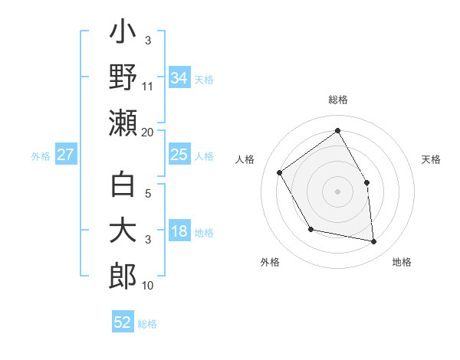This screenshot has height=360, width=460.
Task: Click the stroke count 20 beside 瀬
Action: click(147, 133)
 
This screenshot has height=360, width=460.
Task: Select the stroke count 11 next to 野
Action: click(148, 86)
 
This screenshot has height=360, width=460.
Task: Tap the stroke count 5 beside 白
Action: click(149, 193)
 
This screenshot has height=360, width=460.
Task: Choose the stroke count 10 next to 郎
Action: click(148, 286)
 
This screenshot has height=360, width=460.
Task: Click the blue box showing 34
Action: click(179, 78)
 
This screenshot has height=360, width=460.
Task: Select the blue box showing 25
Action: click(179, 155)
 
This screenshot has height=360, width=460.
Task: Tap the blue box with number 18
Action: click(179, 231)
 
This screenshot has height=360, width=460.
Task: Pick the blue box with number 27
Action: click(66, 155)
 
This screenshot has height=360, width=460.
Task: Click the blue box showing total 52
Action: click(123, 322)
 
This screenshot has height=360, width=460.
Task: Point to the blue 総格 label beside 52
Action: click(147, 324)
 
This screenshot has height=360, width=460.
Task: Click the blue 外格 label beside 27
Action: click(41, 156)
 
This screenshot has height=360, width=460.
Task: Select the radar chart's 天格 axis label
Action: click(432, 159)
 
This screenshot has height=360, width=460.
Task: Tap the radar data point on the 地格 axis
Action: click(374, 242)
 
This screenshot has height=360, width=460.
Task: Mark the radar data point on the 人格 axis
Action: click(280, 172)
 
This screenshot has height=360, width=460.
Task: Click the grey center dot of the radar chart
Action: click(337, 191)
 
